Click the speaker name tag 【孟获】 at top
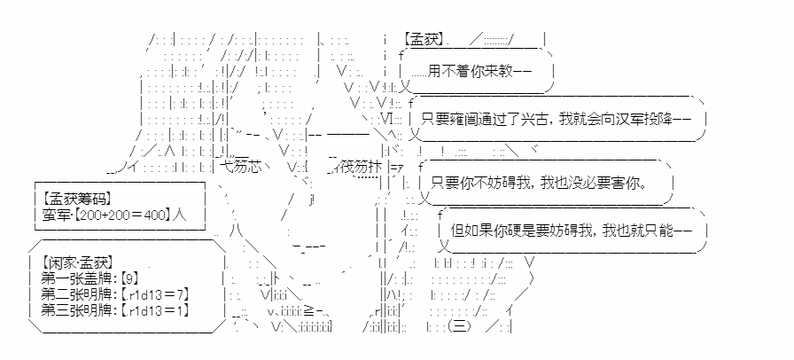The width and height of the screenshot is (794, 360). pos(424,40)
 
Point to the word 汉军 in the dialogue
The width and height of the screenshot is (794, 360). pos(634,119)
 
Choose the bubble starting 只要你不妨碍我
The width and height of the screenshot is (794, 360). pos(546,183)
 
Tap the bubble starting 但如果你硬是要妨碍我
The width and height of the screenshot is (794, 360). pos(572,231)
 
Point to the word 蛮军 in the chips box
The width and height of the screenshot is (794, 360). pos(52,215)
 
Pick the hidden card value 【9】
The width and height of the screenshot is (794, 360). pos(129,278)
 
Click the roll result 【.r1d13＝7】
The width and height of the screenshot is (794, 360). pos(155,294)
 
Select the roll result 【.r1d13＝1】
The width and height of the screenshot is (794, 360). pos(155,310)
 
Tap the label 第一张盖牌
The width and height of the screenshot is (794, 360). pos(79,278)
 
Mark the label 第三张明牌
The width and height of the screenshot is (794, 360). pos(79,310)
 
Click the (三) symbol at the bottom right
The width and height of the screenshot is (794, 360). pos(459,326)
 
